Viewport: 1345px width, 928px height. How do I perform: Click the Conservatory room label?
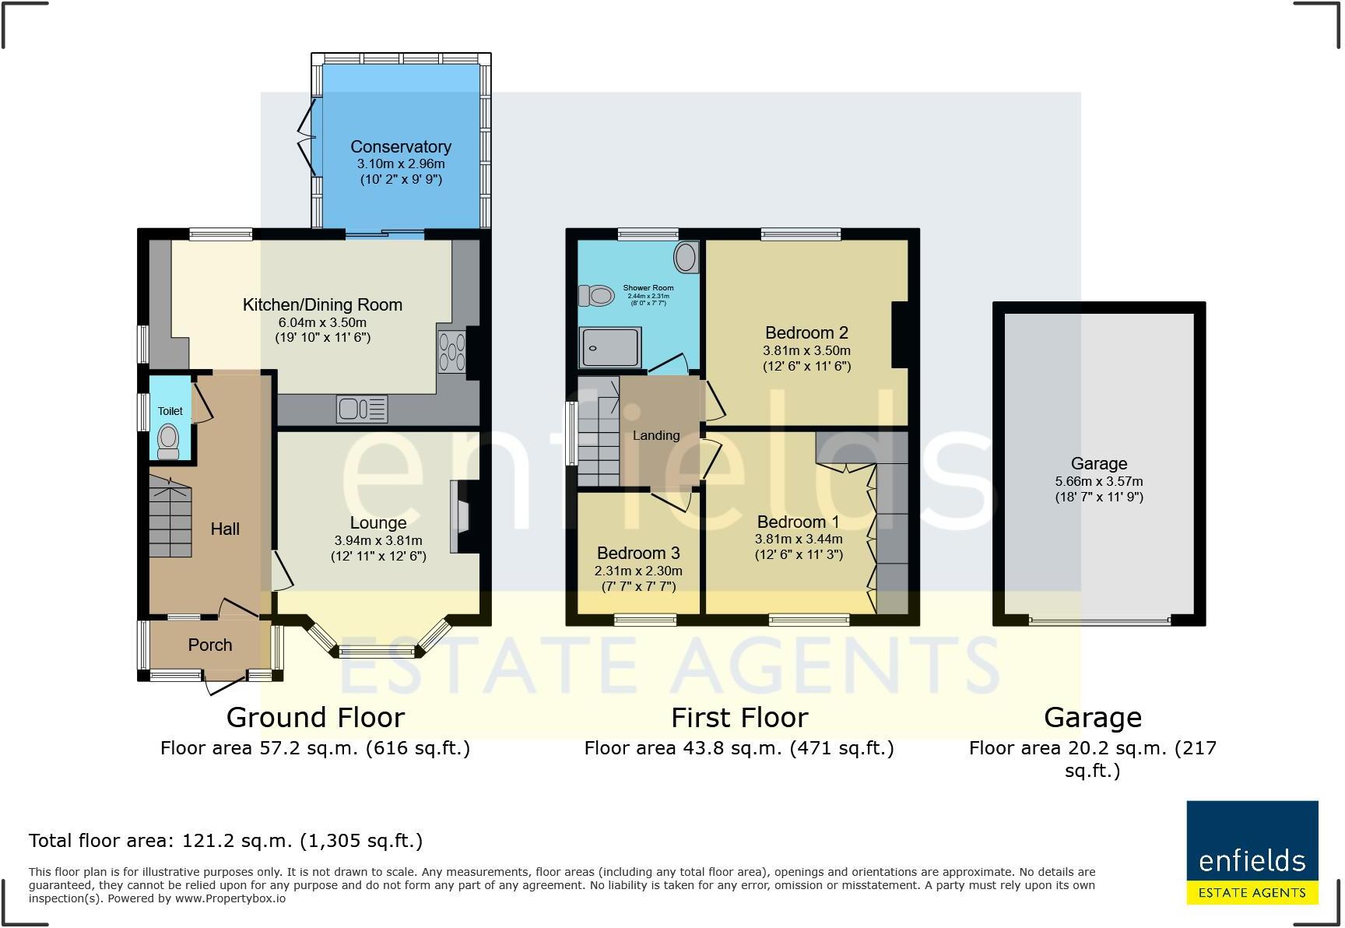tap(400, 146)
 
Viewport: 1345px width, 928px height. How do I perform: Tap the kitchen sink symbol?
tap(362, 409)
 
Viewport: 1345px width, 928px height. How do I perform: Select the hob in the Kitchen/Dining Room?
tap(451, 352)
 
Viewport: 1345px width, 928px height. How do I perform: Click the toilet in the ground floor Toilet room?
tap(168, 441)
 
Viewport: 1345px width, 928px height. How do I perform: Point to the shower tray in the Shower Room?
tap(612, 346)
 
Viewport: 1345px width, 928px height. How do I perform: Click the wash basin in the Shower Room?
tap(686, 257)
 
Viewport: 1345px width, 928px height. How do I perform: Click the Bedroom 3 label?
tap(638, 553)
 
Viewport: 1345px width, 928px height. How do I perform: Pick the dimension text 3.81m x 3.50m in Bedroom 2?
tap(806, 350)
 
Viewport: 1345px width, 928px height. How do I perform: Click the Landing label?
tap(656, 435)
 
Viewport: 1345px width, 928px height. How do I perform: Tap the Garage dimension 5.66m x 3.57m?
tap(1098, 481)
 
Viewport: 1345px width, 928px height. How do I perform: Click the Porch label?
tap(210, 645)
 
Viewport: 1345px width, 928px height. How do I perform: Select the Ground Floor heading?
tap(315, 717)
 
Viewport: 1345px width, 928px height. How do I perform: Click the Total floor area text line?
tap(226, 840)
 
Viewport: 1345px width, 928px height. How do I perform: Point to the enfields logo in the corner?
tap(1252, 852)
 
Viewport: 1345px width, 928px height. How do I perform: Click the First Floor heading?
tap(739, 717)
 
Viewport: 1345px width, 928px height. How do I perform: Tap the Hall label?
tap(225, 529)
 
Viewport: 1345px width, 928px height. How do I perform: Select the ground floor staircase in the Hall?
tap(170, 517)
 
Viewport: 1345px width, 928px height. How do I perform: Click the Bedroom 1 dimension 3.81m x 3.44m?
tap(799, 539)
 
